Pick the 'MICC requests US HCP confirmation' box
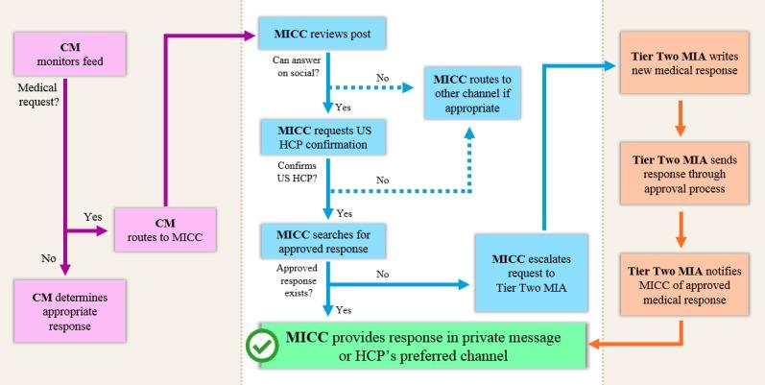click(x=322, y=136)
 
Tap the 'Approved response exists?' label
click(x=293, y=277)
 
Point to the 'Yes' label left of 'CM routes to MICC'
click(x=94, y=218)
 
